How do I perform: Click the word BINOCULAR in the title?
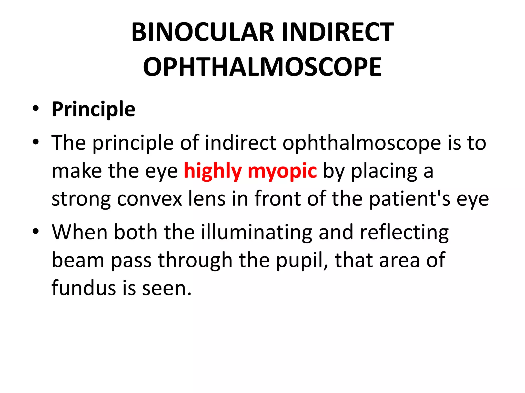point(203,32)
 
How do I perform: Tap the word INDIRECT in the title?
point(338,32)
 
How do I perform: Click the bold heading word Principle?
point(94,110)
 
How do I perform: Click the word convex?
point(149,199)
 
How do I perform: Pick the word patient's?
point(410,199)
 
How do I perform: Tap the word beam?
point(78,260)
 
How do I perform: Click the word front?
point(277,199)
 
